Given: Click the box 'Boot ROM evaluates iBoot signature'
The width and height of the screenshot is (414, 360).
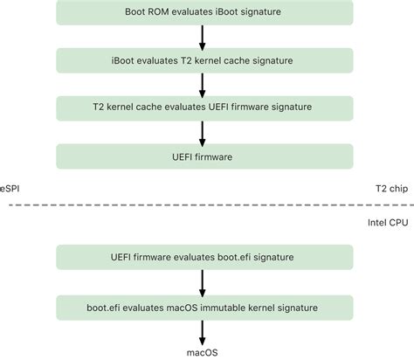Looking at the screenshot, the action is coord(204,12).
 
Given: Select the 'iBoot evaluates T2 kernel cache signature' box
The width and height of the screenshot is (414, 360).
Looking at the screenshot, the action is coord(204,60).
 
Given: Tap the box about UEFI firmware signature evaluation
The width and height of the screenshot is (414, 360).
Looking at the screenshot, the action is coord(204,108).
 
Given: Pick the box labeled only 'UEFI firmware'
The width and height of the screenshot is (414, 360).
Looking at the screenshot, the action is coord(204,156).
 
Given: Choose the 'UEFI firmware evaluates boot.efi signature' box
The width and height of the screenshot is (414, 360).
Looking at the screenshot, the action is coord(204,257).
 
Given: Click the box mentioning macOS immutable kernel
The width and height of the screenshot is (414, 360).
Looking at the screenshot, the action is coord(204,308).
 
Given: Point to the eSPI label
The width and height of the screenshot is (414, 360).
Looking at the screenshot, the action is coord(10,189).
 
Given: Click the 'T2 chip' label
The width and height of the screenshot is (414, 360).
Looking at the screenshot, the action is coord(391,189).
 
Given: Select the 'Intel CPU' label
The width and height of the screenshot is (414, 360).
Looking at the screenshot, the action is coord(388,223).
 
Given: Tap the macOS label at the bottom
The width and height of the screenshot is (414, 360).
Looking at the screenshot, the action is coord(202,353).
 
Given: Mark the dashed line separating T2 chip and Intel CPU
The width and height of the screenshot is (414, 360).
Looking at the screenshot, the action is coord(211,205).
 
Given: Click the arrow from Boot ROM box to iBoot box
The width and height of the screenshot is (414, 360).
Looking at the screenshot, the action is coord(203,38).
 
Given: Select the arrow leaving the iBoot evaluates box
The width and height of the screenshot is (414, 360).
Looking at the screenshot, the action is coord(203,86).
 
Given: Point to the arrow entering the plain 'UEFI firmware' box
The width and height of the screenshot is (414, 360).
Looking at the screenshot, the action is coord(203,134).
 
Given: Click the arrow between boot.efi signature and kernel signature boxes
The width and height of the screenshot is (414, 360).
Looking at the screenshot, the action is coord(203,283).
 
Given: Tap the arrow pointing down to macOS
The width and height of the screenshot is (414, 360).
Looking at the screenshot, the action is coord(203,333).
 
